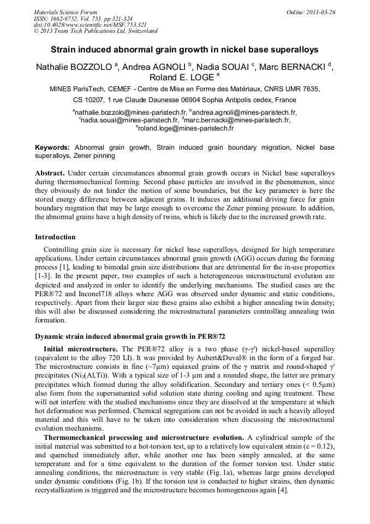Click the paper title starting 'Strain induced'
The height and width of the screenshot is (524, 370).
184,49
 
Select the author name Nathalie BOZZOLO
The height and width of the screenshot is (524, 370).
74,67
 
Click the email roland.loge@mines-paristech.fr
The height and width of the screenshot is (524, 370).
186,128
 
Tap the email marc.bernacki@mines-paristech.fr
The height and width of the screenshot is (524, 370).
238,120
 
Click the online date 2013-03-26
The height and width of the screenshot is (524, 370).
317,11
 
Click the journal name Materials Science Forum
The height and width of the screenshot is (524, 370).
65,11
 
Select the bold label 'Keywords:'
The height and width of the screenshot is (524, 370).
52,148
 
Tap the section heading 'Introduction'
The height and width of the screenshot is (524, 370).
55,237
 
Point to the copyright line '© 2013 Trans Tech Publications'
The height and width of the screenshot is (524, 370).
96,31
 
